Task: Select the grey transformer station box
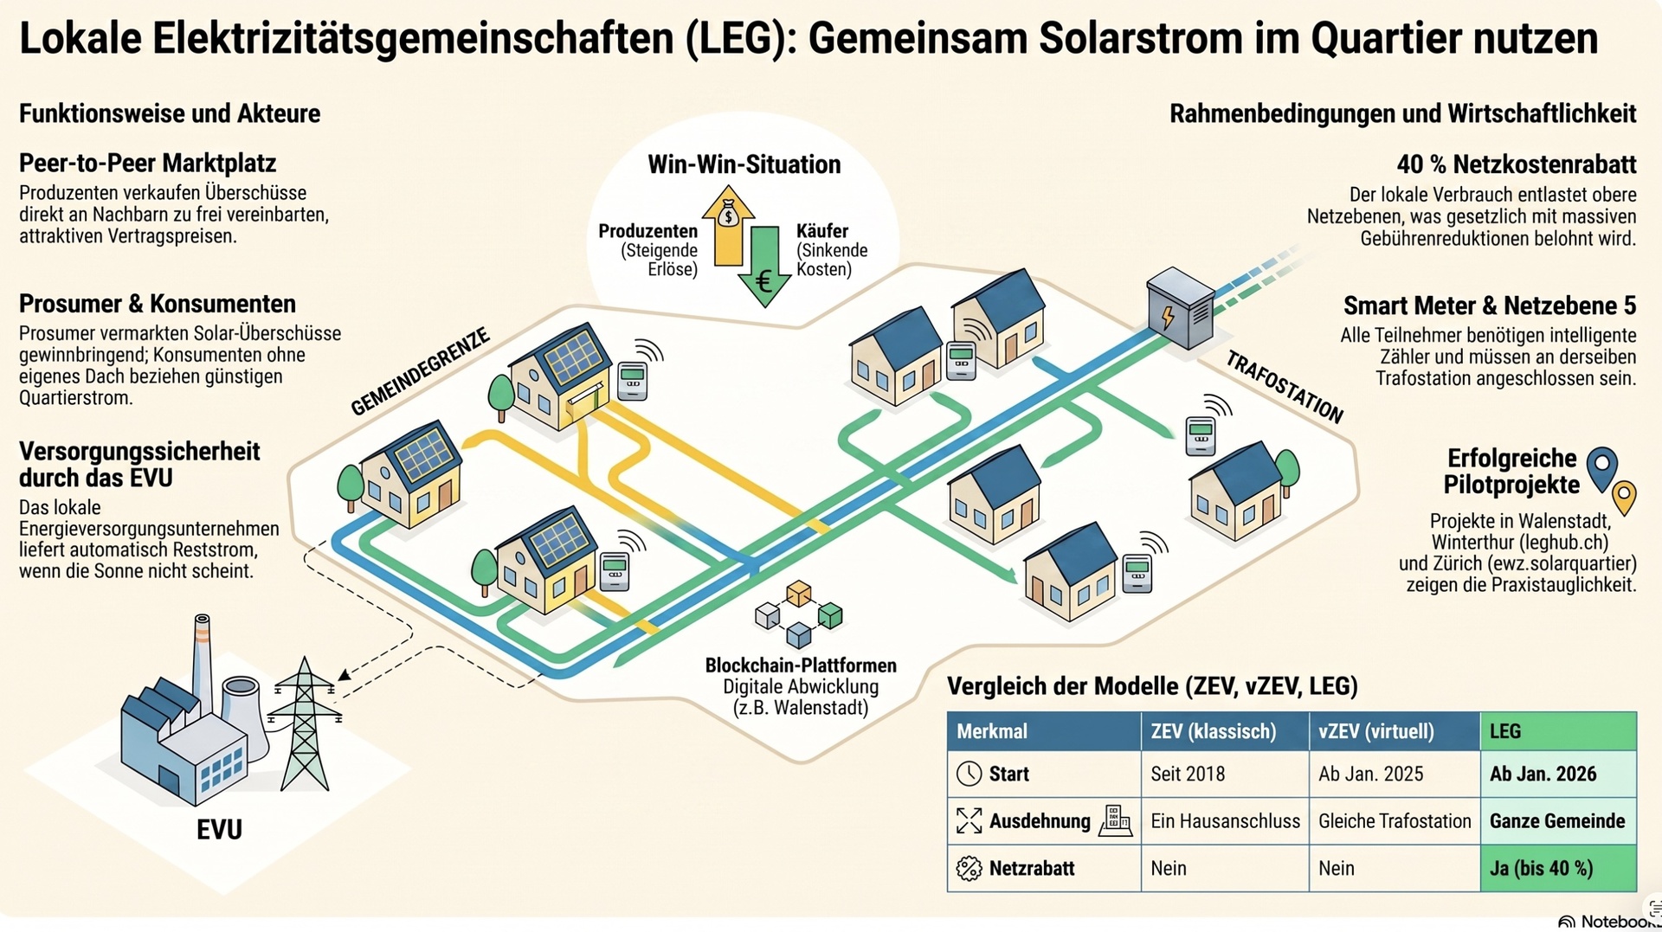(1180, 308)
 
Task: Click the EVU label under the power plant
(219, 829)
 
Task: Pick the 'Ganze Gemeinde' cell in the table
(1558, 820)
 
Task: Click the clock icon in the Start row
(969, 774)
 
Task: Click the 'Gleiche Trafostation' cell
(1395, 820)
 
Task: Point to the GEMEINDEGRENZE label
(420, 372)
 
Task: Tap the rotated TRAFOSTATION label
(1285, 388)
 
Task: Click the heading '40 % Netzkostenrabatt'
(1516, 164)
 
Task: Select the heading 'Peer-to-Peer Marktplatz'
(148, 164)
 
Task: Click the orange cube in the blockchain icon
(798, 594)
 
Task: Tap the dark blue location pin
(1602, 468)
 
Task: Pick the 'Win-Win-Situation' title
(744, 164)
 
